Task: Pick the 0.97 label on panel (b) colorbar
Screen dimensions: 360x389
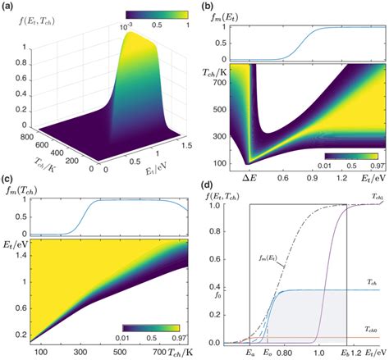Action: [x=369, y=164]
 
